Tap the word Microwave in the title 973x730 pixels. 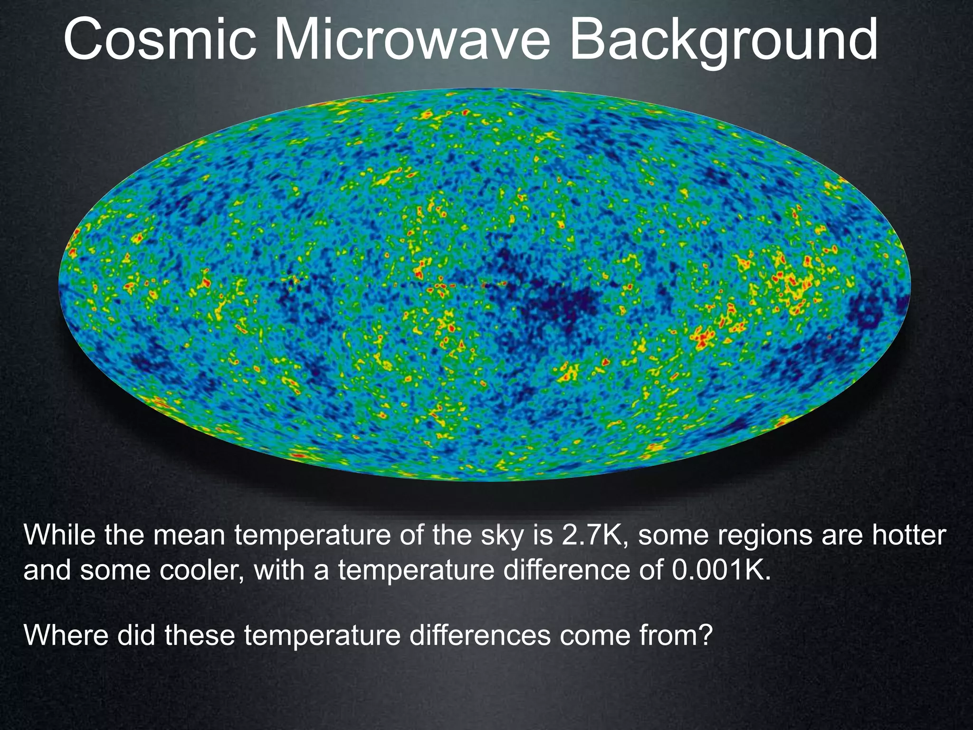(x=412, y=40)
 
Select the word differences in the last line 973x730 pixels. (x=480, y=635)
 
